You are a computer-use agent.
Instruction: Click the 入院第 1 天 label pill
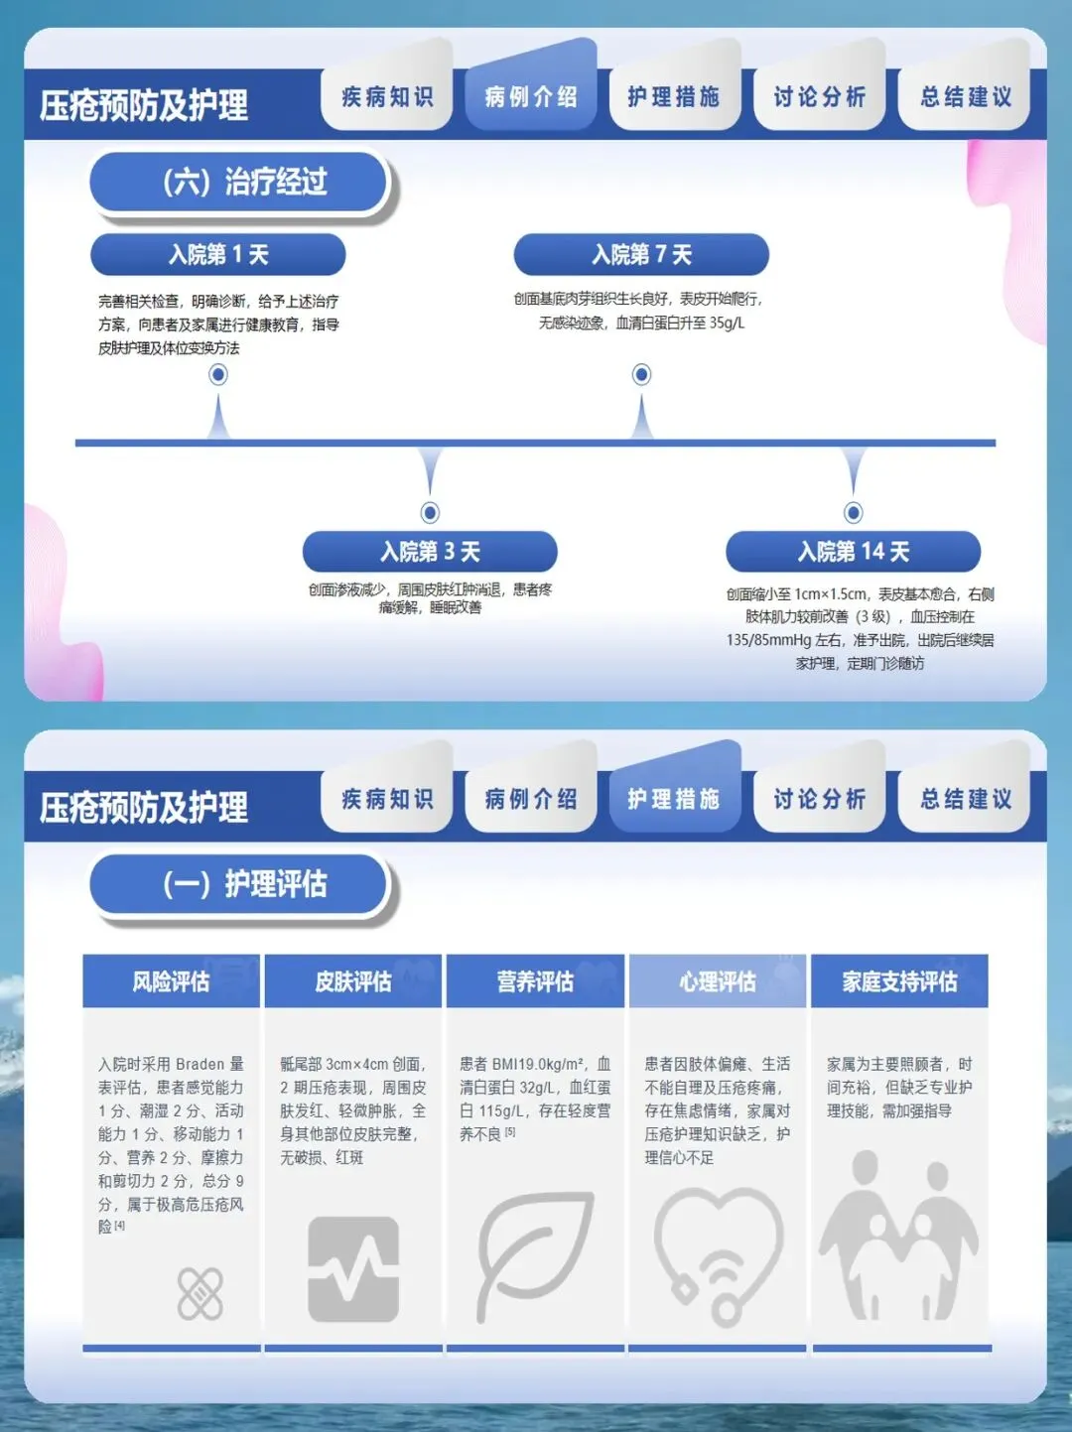point(217,255)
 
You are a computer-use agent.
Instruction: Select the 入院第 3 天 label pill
point(430,552)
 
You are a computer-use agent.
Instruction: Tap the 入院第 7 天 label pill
point(641,255)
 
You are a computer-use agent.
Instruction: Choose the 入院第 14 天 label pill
point(853,552)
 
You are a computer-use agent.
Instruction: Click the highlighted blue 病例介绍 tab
point(531,96)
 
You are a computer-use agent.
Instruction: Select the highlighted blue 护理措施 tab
point(674,798)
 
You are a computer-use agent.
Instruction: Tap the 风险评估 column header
point(171,981)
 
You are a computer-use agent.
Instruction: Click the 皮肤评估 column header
point(352,981)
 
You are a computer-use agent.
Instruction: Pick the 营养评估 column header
point(535,981)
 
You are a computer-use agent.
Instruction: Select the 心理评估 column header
point(717,981)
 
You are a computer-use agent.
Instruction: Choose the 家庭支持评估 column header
point(899,981)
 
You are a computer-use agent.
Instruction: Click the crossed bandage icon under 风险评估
point(200,1293)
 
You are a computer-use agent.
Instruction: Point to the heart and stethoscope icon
point(719,1255)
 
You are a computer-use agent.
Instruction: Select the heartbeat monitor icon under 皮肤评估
point(352,1269)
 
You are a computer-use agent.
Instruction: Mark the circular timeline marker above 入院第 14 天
point(854,512)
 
